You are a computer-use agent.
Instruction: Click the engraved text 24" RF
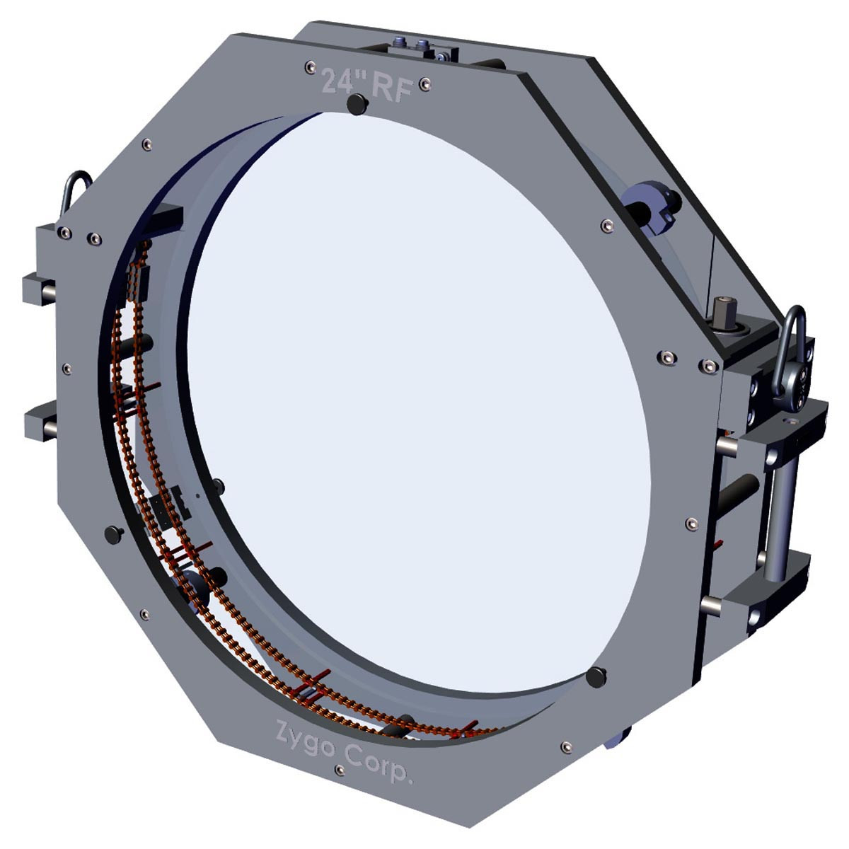367,85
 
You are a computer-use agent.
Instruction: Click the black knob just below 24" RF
357,105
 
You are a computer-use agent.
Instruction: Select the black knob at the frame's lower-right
596,678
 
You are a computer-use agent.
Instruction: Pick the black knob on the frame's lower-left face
114,535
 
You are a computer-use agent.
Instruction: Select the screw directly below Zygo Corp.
340,782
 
